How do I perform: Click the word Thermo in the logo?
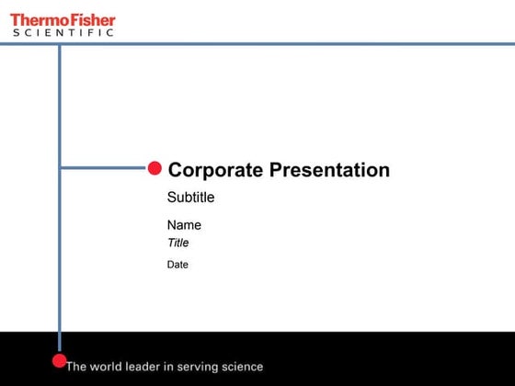tap(35, 18)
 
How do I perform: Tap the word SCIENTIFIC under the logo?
tap(63, 32)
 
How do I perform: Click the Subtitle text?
tap(190, 197)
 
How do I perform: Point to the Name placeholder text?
tap(184, 225)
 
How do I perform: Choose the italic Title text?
tap(177, 244)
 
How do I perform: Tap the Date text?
tap(177, 265)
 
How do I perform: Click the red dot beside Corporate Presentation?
tap(154, 167)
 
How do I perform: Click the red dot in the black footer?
tap(59, 360)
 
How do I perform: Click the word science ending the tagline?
tap(241, 367)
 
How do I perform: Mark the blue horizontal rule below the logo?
tap(276, 43)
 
